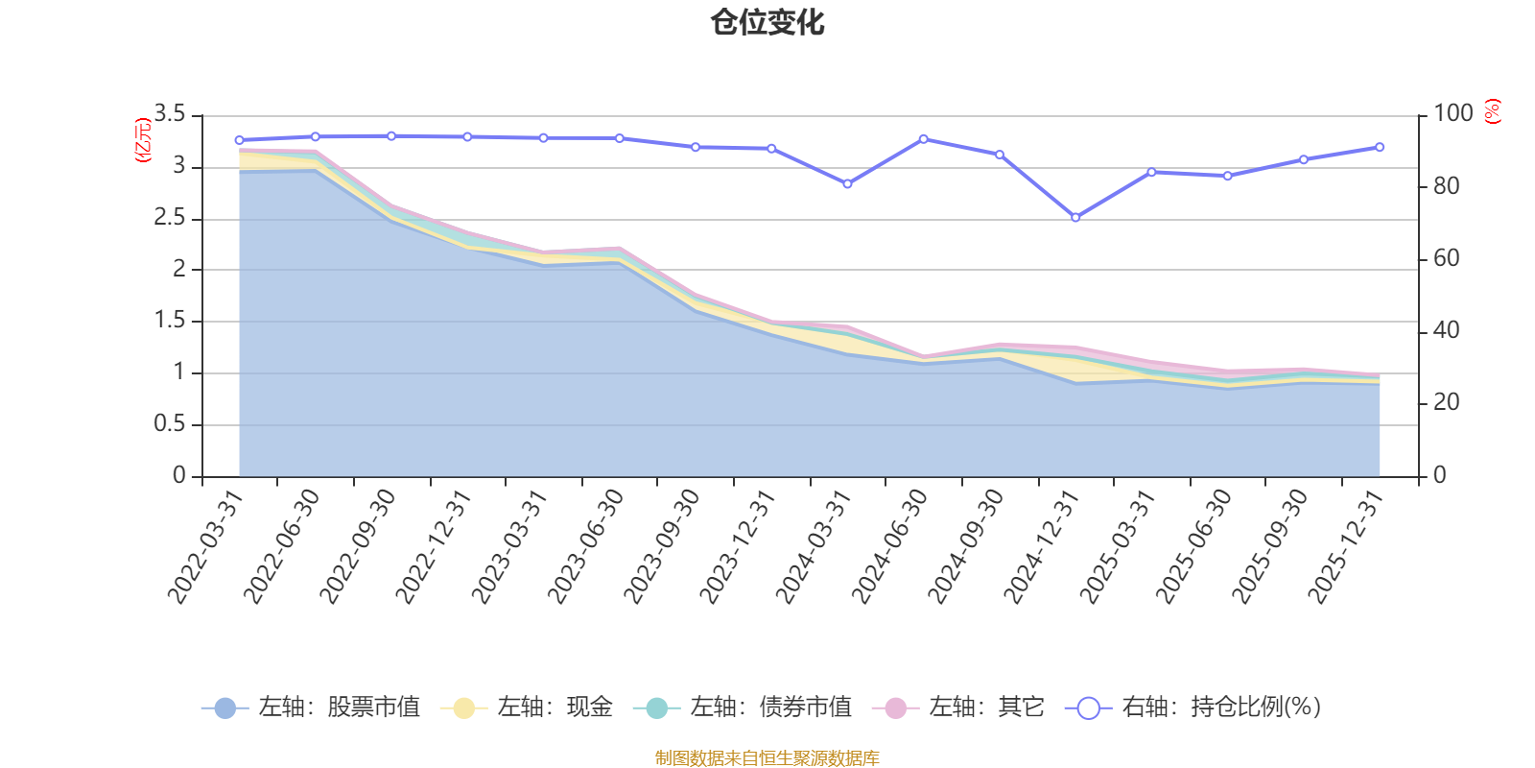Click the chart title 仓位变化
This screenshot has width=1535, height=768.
tap(767, 22)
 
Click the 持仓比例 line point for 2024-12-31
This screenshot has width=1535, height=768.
tap(1075, 218)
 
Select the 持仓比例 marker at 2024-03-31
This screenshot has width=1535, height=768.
tap(847, 183)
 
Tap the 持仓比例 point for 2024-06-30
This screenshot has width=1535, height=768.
tap(924, 139)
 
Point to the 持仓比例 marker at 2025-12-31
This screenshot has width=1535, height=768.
tap(1380, 147)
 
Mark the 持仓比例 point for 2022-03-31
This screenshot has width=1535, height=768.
tap(239, 140)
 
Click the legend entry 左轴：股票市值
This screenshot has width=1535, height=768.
tap(312, 708)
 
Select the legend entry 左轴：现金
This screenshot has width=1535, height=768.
tap(527, 708)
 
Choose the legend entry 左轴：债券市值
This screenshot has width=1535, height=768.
tap(743, 708)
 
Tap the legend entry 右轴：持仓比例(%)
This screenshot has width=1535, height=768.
tap(1193, 708)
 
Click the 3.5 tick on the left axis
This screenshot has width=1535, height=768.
tap(170, 115)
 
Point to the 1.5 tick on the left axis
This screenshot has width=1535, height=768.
tap(170, 321)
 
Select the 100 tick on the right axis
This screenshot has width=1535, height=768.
tap(1453, 113)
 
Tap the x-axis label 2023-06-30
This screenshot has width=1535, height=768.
tap(586, 545)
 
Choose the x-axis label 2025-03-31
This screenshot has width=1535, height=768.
tap(1119, 545)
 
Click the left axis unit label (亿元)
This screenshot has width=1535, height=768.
tap(143, 141)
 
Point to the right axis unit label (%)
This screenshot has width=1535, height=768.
tap(1492, 111)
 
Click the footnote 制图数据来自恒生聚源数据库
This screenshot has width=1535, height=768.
tap(767, 758)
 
